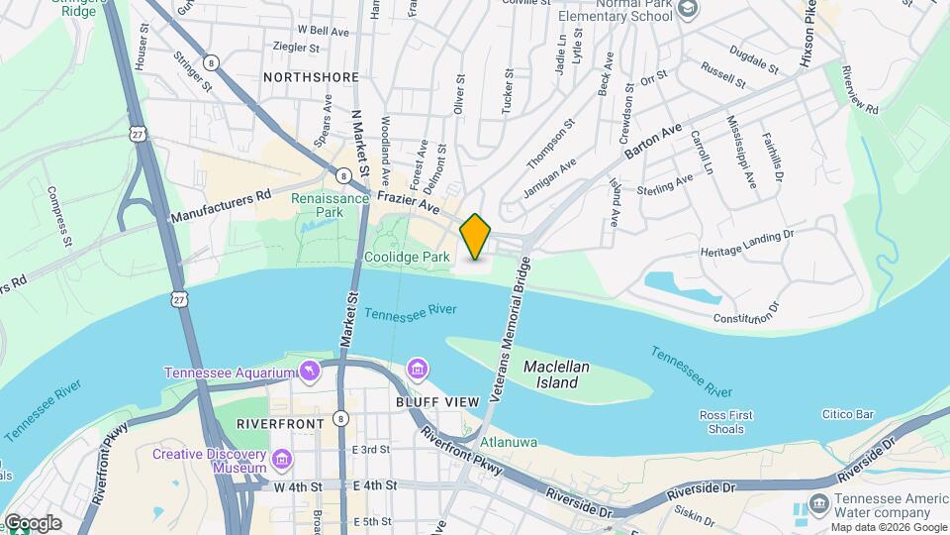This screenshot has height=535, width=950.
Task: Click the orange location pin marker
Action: click(x=475, y=237)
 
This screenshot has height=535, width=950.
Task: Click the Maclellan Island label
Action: click(x=556, y=374)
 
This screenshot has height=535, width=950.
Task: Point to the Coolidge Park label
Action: click(x=407, y=257)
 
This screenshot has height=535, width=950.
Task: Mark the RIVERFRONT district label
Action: click(x=280, y=424)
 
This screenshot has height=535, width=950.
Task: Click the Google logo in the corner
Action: click(x=32, y=523)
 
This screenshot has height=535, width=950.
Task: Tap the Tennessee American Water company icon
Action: click(x=818, y=504)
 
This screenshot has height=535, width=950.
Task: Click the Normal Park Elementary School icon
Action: click(x=690, y=8)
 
